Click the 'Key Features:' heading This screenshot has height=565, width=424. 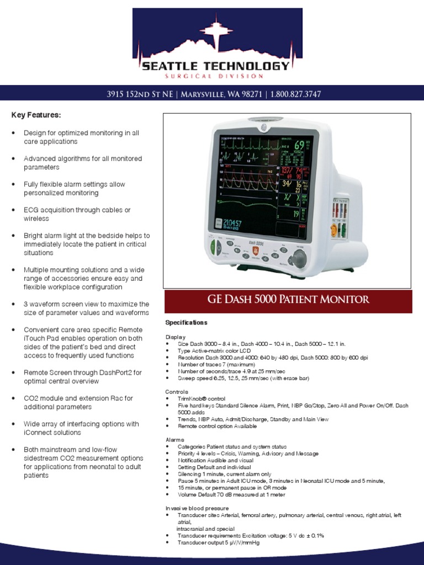tap(36, 115)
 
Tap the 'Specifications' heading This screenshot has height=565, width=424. tap(186, 322)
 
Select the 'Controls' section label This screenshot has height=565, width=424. tap(177, 391)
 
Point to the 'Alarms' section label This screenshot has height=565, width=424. tap(175, 439)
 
